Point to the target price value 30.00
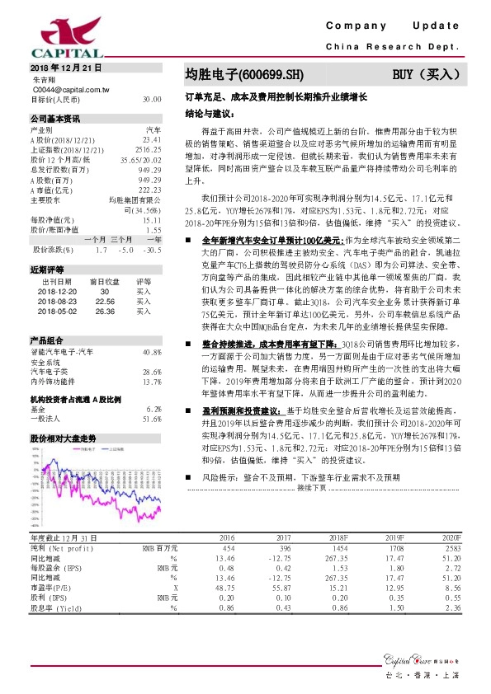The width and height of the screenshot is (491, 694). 151,98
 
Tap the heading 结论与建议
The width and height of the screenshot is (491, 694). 206,113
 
